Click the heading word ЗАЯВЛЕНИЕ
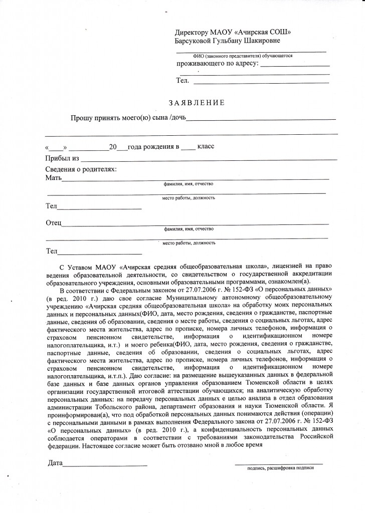[x=197, y=103]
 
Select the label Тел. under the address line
[x=182, y=80]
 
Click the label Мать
[x=53, y=178]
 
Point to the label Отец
[x=53, y=222]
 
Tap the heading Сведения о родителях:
[x=81, y=169]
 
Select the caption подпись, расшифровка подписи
[x=280, y=468]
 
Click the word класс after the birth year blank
[x=206, y=146]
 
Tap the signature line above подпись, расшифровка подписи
[x=279, y=463]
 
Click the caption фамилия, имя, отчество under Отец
[x=189, y=228]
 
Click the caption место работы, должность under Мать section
[x=189, y=198]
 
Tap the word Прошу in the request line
[x=80, y=118]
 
